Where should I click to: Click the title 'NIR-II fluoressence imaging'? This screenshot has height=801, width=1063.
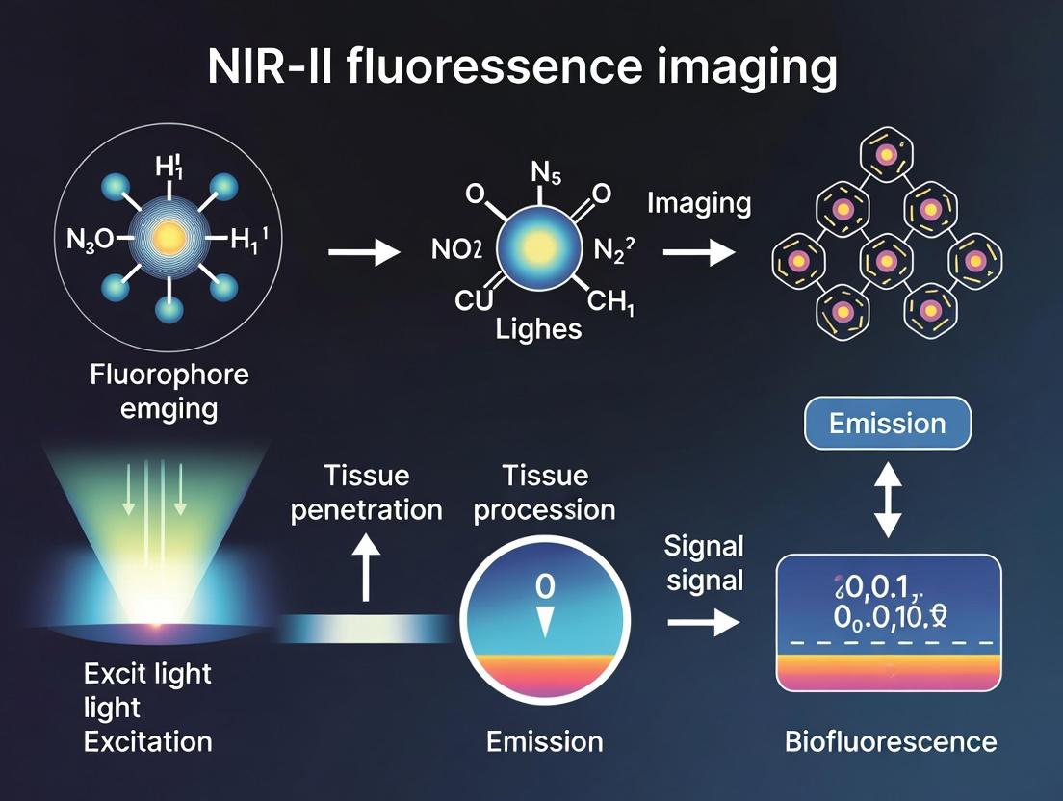tap(522, 69)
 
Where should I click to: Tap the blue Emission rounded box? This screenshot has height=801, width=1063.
tap(887, 424)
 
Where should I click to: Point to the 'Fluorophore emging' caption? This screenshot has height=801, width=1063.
tap(169, 390)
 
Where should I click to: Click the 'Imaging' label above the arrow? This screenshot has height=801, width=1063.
tap(698, 203)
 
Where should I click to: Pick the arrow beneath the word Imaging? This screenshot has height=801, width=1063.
tap(698, 253)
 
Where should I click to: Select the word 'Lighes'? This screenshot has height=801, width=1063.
tap(538, 329)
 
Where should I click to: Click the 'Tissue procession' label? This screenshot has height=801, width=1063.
tap(544, 492)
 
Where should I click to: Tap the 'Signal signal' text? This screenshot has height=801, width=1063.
tap(704, 563)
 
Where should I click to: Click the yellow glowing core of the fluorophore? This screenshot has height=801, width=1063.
tap(169, 237)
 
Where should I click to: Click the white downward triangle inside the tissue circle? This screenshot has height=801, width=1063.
tap(544, 622)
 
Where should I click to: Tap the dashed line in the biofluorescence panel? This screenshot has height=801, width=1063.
tap(888, 642)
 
